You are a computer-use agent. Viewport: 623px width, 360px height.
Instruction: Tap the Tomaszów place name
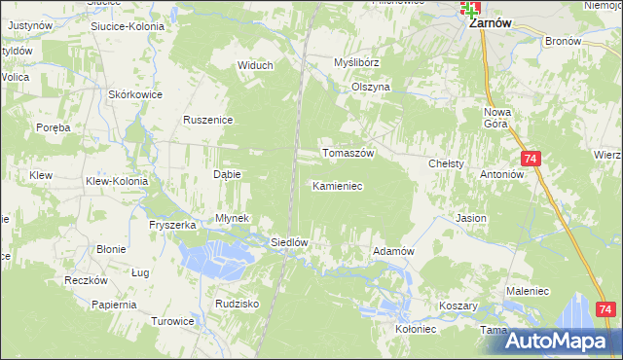348,154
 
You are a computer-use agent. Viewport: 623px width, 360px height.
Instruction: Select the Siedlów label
289,242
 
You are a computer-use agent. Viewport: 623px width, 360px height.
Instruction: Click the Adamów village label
394,251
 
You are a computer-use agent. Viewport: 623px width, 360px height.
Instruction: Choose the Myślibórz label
356,62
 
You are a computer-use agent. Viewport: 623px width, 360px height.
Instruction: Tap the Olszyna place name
370,87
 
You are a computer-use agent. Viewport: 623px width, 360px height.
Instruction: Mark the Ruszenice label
206,120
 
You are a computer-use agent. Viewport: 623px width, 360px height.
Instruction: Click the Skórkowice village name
135,94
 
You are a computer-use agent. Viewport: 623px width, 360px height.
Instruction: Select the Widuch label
255,65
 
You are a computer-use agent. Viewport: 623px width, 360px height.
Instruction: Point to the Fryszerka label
173,225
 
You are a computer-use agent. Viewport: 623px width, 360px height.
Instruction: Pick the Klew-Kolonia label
117,181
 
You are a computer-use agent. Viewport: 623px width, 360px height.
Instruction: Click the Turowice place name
174,320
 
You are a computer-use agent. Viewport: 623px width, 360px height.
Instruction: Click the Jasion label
471,218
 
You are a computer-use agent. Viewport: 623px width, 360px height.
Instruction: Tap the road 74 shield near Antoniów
531,159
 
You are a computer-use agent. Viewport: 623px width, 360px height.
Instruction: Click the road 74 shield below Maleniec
605,309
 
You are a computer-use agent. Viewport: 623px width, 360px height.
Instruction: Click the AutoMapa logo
563,341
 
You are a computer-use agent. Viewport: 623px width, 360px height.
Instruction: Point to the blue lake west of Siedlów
215,258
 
